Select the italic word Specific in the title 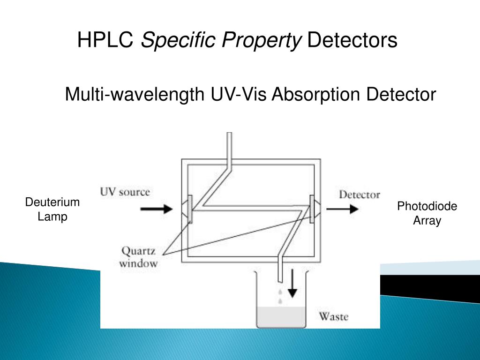click(x=172, y=41)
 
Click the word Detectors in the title click(x=352, y=40)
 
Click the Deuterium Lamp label click(x=52, y=210)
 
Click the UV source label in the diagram click(x=125, y=192)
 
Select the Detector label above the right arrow click(x=360, y=195)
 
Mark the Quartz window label click(x=138, y=257)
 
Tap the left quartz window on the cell click(x=189, y=209)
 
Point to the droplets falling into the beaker click(x=280, y=297)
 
